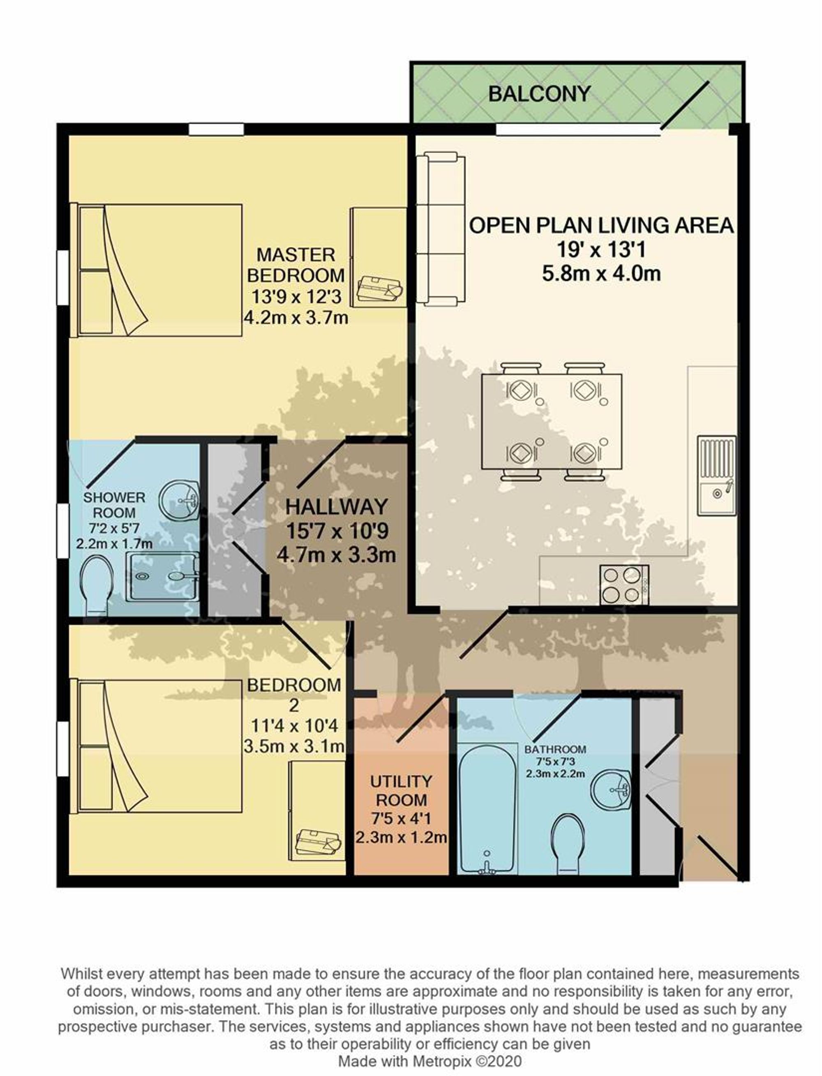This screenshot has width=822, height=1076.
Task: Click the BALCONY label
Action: (x=539, y=93)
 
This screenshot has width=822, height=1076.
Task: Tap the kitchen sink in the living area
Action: (x=717, y=475)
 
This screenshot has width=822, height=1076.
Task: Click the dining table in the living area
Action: (x=552, y=421)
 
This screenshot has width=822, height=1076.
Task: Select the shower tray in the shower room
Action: (x=163, y=576)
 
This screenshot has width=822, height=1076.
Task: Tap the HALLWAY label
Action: (x=336, y=506)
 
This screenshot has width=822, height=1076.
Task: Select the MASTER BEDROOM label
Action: (x=296, y=265)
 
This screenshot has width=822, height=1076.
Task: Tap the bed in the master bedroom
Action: (x=156, y=270)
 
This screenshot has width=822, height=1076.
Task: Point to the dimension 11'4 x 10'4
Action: (x=295, y=726)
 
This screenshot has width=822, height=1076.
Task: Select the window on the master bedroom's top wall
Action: (x=216, y=129)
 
